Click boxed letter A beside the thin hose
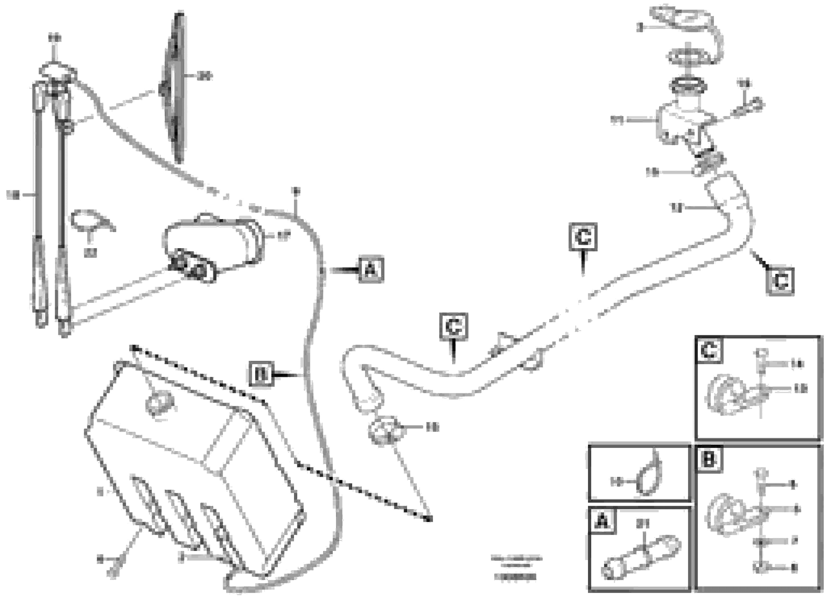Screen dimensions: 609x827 [371, 270]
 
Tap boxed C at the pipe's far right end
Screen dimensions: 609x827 [780, 282]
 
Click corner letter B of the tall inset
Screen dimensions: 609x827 [708, 459]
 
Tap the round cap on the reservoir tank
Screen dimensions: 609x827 [159, 403]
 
